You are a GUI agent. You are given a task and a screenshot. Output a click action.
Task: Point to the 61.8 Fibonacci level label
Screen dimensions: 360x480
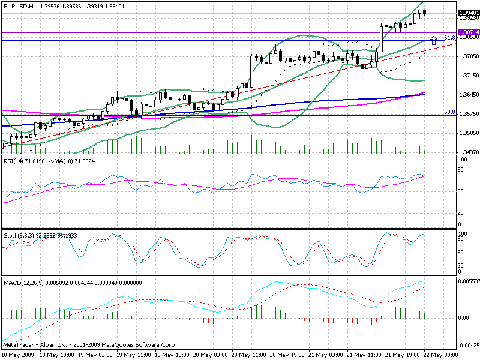tap(448, 38)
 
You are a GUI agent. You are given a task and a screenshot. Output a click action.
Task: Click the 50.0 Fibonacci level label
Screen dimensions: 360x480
tap(448, 112)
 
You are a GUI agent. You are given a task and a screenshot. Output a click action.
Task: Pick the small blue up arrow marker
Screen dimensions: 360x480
tap(434, 41)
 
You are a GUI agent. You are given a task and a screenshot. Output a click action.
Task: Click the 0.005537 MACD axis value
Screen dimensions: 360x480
tap(469, 281)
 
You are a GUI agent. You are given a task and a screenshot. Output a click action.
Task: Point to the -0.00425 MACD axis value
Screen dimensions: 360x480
tap(469, 346)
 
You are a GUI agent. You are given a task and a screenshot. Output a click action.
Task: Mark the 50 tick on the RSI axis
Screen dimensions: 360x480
tap(461, 191)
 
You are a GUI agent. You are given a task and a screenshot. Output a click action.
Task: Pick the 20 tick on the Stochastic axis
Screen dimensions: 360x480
tap(461, 265)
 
